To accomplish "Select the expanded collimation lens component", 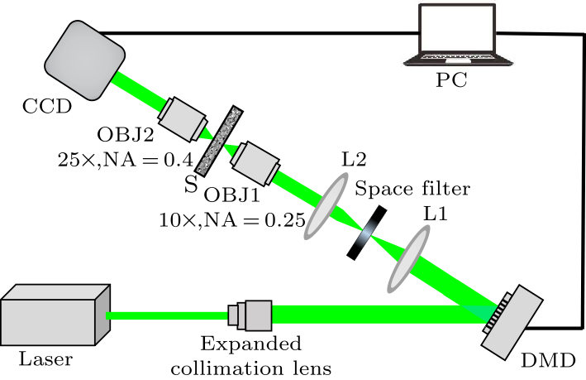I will pyautogui.click(x=250, y=315).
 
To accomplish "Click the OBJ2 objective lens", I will pyautogui.click(x=182, y=118).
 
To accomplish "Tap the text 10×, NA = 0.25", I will pyautogui.click(x=232, y=220).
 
